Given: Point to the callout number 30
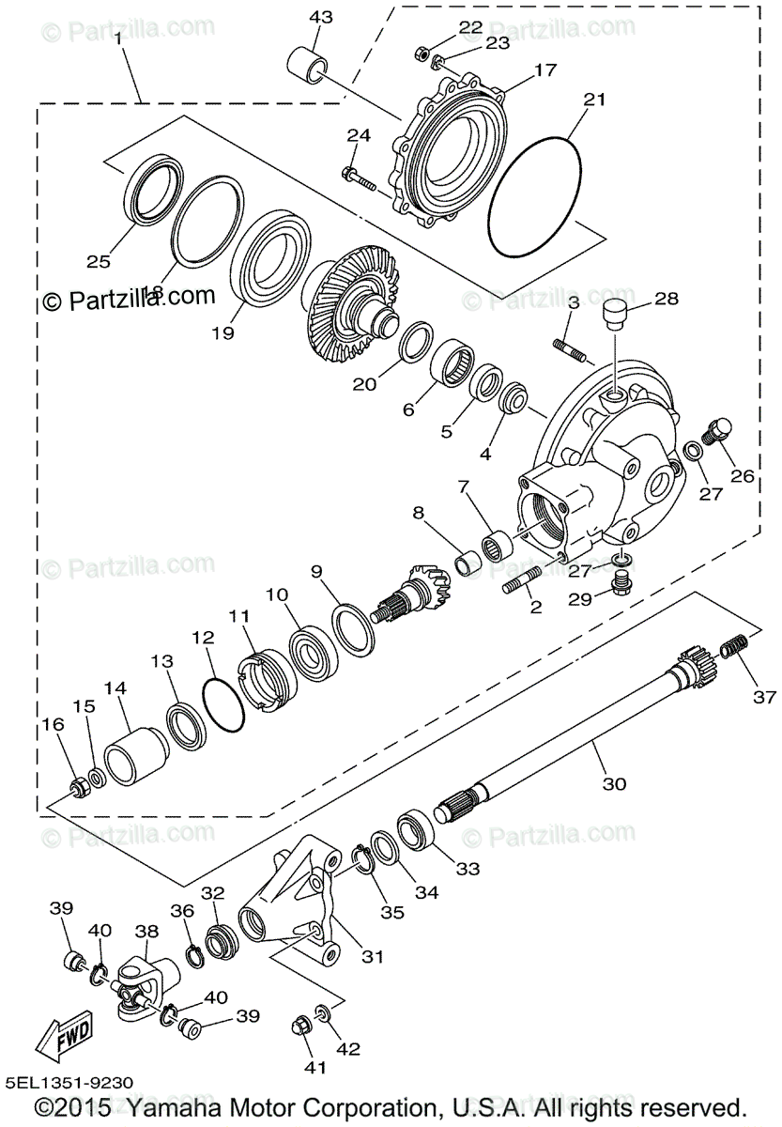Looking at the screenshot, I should tap(616, 782).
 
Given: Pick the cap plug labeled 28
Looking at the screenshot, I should tap(615, 314).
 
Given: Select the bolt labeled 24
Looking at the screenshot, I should tap(360, 178).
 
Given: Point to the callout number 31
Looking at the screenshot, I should tap(374, 956).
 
